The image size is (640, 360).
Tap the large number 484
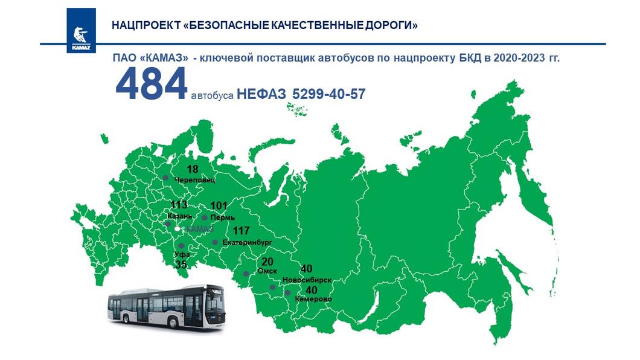point(151,85)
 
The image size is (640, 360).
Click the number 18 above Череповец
point(193,169)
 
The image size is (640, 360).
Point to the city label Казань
point(179,216)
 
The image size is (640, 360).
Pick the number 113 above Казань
point(179,205)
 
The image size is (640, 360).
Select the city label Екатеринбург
point(248,242)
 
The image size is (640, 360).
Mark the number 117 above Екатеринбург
point(241,231)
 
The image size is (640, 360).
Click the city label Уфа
point(182,254)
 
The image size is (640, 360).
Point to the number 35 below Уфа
point(181,265)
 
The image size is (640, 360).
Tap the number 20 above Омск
point(267,262)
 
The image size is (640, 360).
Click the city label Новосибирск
point(307,280)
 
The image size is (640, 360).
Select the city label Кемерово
point(313,299)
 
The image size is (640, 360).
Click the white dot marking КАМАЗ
point(176,230)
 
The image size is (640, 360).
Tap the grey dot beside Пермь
point(205,217)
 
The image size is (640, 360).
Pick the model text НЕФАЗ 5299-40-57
point(301,94)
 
